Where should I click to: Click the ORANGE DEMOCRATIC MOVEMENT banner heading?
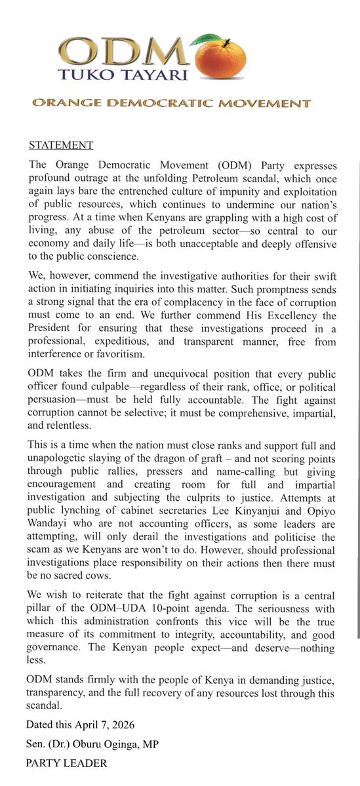pyautogui.click(x=171, y=104)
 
